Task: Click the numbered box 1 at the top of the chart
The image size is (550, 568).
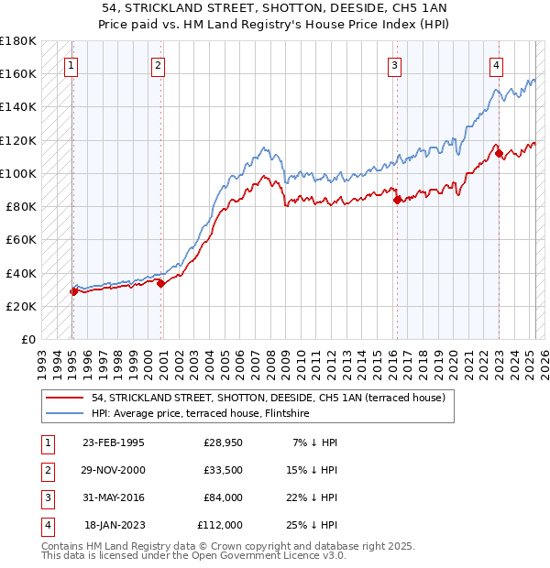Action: pyautogui.click(x=71, y=65)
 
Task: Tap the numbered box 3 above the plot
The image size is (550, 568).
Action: pyautogui.click(x=394, y=65)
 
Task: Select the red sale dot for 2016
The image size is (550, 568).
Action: pyautogui.click(x=397, y=200)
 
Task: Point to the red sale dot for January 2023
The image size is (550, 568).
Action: pyautogui.click(x=500, y=153)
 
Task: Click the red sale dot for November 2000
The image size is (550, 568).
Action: pyautogui.click(x=160, y=283)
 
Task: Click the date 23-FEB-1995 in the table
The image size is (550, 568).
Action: pyautogui.click(x=113, y=442)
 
